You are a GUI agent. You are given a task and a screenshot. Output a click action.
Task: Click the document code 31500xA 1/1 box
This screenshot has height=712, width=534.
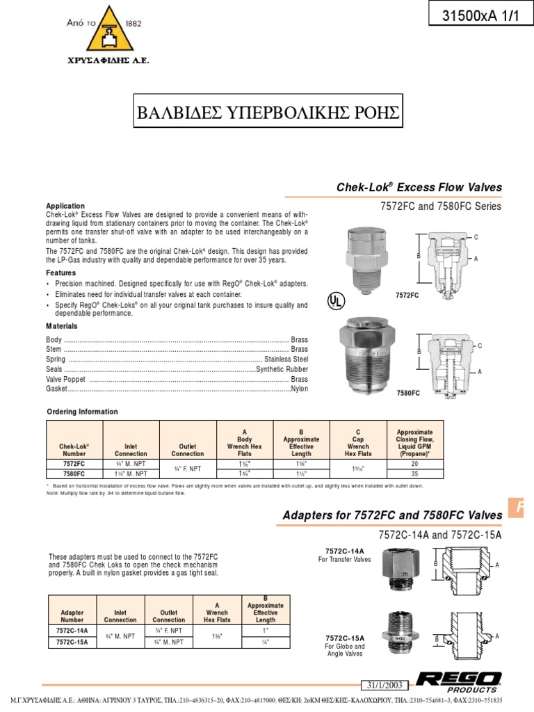(x=480, y=17)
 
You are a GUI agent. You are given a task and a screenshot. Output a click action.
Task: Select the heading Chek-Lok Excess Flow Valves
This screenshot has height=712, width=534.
(x=419, y=188)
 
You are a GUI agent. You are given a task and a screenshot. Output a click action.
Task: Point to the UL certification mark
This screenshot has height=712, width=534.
(x=337, y=300)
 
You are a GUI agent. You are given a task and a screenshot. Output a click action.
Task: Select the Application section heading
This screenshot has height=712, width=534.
(x=65, y=206)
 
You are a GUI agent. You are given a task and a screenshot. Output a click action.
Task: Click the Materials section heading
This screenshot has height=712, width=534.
(x=62, y=326)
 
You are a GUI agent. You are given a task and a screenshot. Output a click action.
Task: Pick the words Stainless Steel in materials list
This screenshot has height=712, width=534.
(x=286, y=359)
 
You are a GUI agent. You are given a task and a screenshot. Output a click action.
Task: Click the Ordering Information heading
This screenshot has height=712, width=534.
(x=82, y=412)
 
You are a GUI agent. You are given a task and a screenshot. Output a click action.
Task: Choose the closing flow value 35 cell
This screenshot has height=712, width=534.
(x=414, y=474)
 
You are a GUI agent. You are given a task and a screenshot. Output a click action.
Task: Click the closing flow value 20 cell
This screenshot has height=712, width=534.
(x=414, y=463)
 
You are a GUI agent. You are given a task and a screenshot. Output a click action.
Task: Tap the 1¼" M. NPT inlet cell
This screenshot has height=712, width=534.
(x=131, y=474)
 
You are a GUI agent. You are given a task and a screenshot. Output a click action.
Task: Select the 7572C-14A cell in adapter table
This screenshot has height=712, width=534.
(x=72, y=631)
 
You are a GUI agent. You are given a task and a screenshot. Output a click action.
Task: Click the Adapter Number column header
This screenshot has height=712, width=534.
(x=72, y=616)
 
